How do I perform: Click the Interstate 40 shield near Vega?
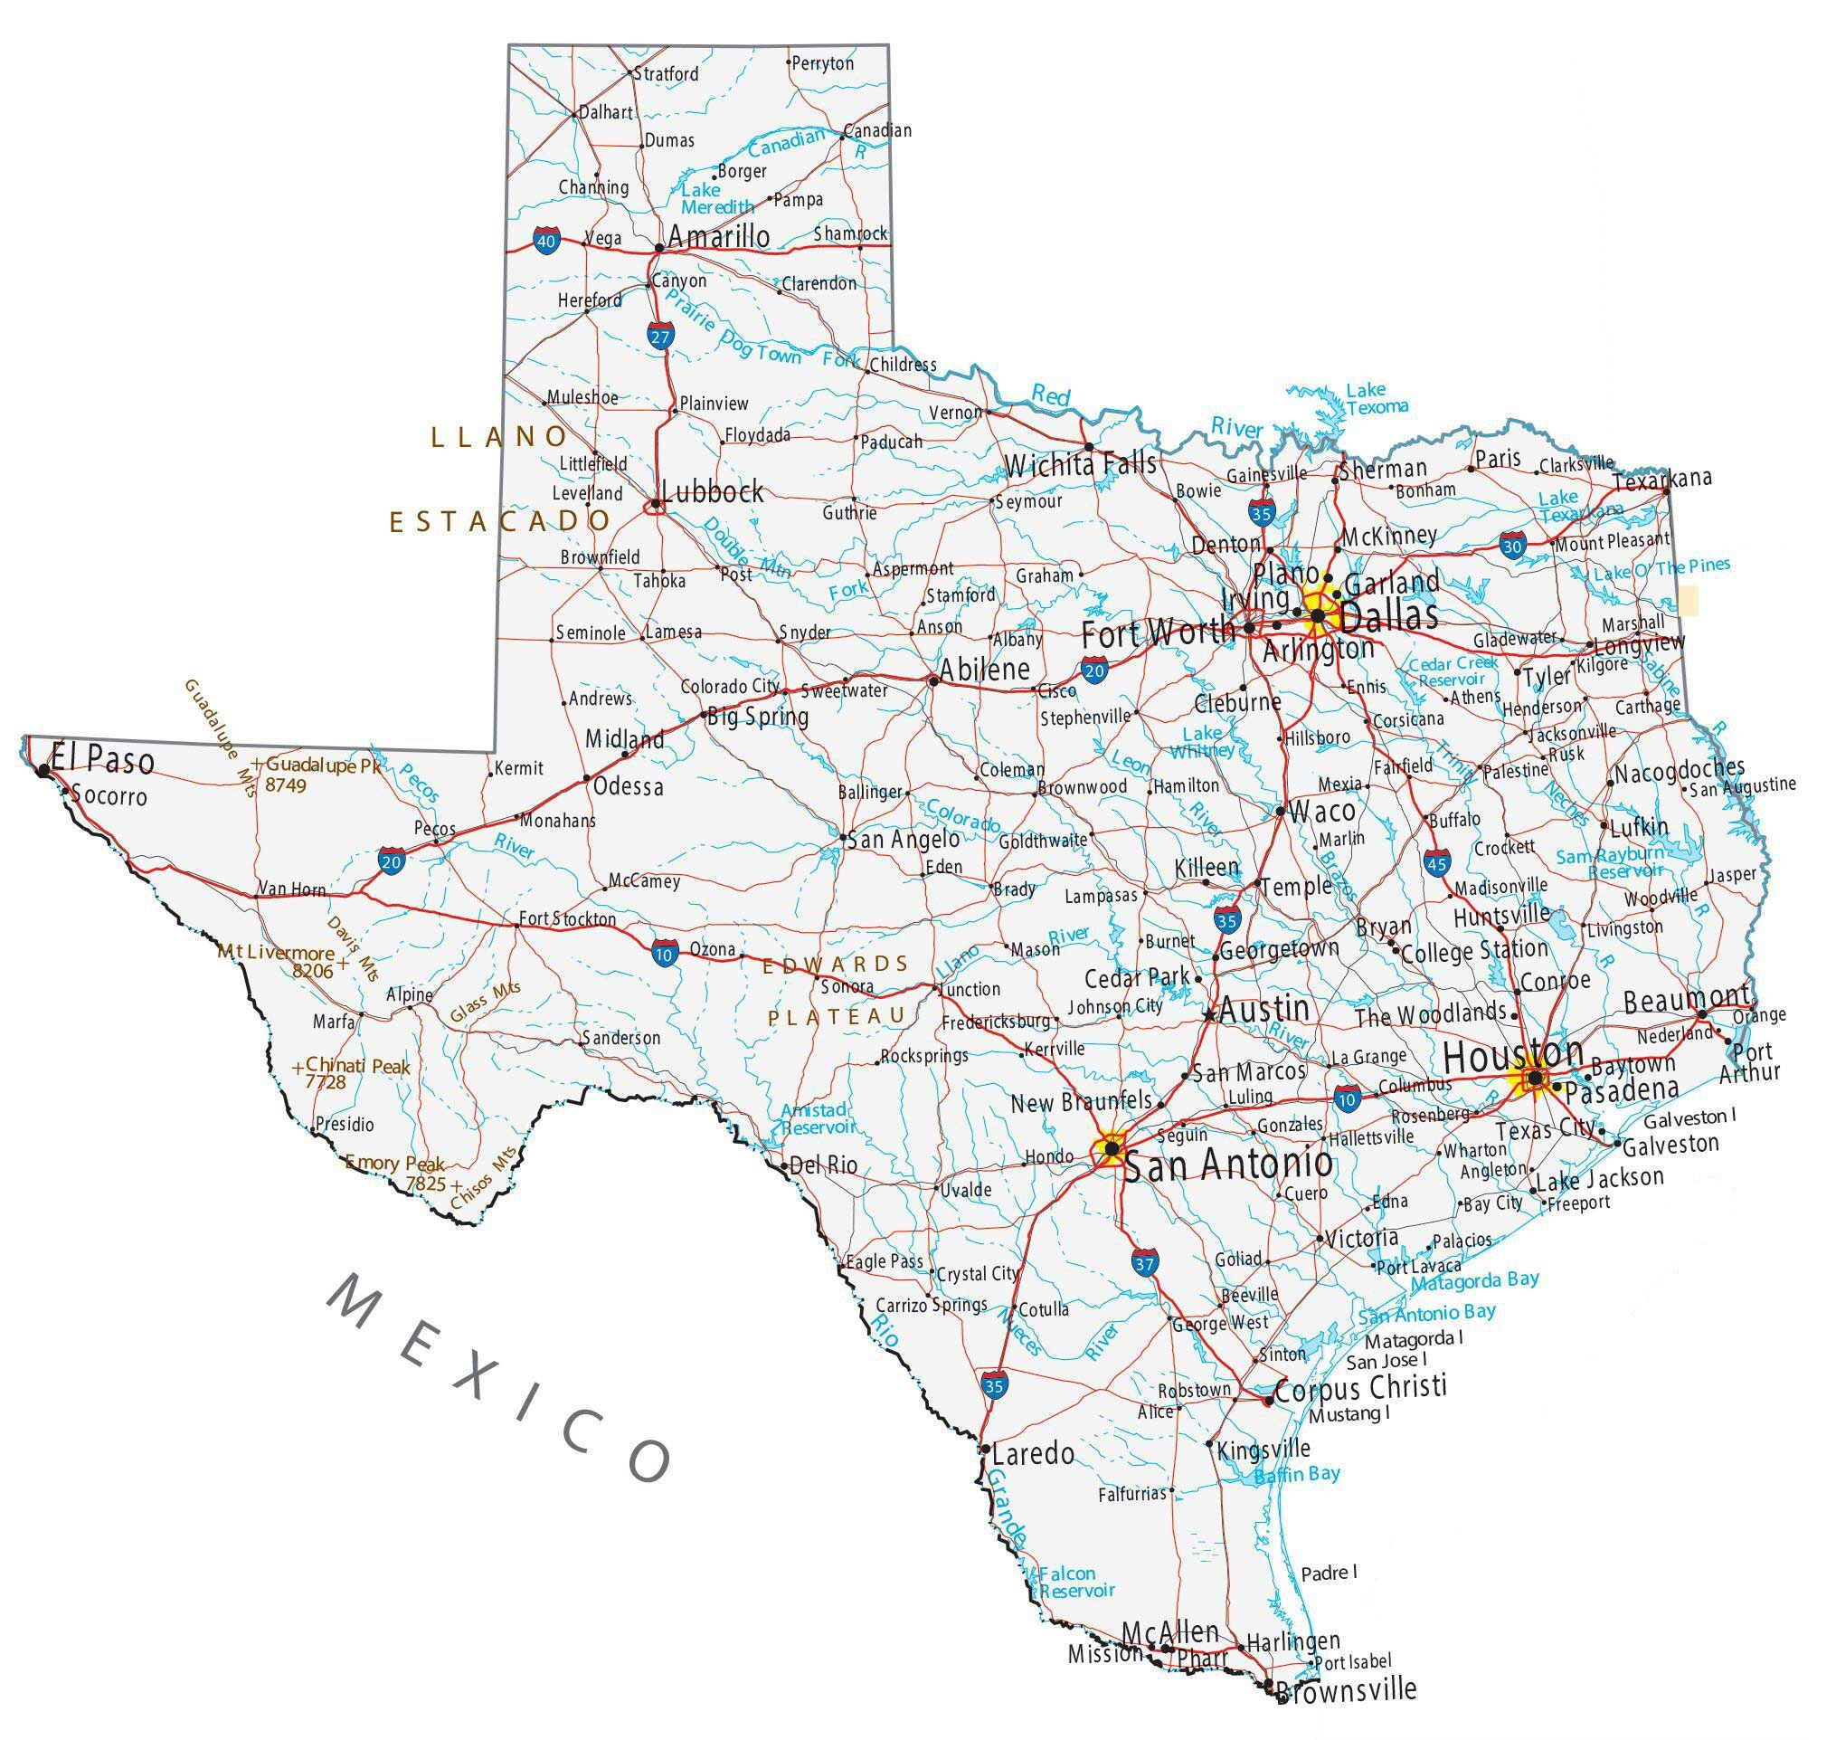546,242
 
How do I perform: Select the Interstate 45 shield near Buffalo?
1438,862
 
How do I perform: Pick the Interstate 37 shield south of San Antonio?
1145,1262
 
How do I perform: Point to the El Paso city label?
102,760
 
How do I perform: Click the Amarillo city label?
719,236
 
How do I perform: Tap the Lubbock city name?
712,490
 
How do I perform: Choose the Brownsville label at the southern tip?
1347,1716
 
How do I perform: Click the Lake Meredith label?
717,197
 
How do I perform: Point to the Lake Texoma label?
1377,398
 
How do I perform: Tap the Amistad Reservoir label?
816,1118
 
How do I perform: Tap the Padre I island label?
1329,1573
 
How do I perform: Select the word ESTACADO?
499,522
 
